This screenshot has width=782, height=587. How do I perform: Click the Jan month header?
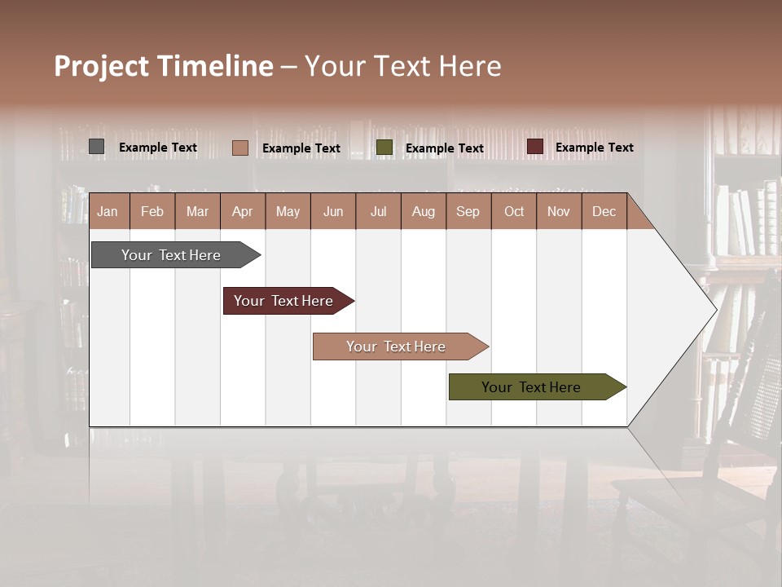pyautogui.click(x=108, y=211)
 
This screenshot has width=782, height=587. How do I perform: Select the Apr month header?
pyautogui.click(x=243, y=211)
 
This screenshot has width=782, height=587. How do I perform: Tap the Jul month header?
pyautogui.click(x=378, y=211)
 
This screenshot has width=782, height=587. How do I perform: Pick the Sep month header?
pyautogui.click(x=468, y=211)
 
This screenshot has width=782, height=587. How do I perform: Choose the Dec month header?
pyautogui.click(x=604, y=211)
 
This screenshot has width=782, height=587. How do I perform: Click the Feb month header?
pyautogui.click(x=152, y=211)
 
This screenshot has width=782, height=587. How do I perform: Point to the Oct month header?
pyautogui.click(x=514, y=211)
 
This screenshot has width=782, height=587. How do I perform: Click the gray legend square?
pyautogui.click(x=97, y=147)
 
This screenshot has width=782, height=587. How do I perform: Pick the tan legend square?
pyautogui.click(x=240, y=148)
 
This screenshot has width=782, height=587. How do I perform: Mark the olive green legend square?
pyautogui.click(x=384, y=148)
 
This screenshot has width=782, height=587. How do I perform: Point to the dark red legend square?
pyautogui.click(x=534, y=147)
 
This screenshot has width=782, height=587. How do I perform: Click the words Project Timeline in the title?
pyautogui.click(x=164, y=66)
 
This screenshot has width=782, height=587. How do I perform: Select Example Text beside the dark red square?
pyautogui.click(x=595, y=148)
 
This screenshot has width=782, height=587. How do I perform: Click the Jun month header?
pyautogui.click(x=333, y=211)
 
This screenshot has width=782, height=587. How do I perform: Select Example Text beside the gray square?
pyautogui.click(x=158, y=148)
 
